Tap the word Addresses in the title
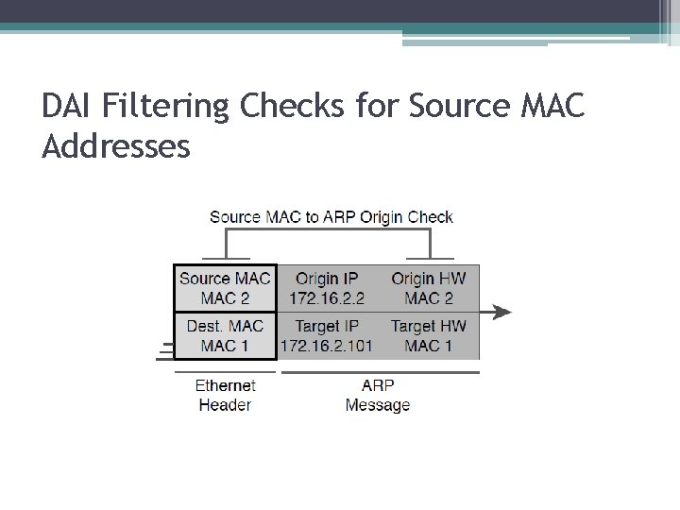[x=116, y=146]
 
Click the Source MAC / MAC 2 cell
[x=225, y=288]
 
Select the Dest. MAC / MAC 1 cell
[x=225, y=335]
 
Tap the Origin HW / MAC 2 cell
[x=428, y=288]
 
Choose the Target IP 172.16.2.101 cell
[x=328, y=335]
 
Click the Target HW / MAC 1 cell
[x=428, y=335]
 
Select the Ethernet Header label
[x=225, y=395]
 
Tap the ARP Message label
[x=378, y=395]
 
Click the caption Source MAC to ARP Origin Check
[x=331, y=217]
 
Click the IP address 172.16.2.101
[x=328, y=346]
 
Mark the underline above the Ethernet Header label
[x=225, y=371]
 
